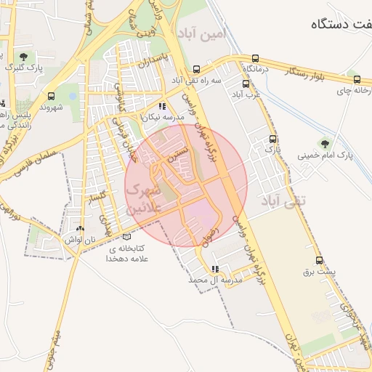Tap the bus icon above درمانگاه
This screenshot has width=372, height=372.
[255, 58]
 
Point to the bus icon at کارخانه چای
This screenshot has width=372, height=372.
[356, 80]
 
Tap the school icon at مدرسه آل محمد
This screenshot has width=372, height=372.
[214, 269]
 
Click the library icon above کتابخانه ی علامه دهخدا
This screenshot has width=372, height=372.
[127, 237]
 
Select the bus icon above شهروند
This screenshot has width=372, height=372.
[51, 95]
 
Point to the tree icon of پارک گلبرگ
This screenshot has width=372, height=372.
[24, 56]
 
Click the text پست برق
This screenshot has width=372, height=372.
[321, 272]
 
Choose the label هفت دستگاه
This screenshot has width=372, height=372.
[341, 24]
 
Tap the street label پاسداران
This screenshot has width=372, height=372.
[155, 62]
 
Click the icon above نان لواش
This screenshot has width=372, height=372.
[80, 228]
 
